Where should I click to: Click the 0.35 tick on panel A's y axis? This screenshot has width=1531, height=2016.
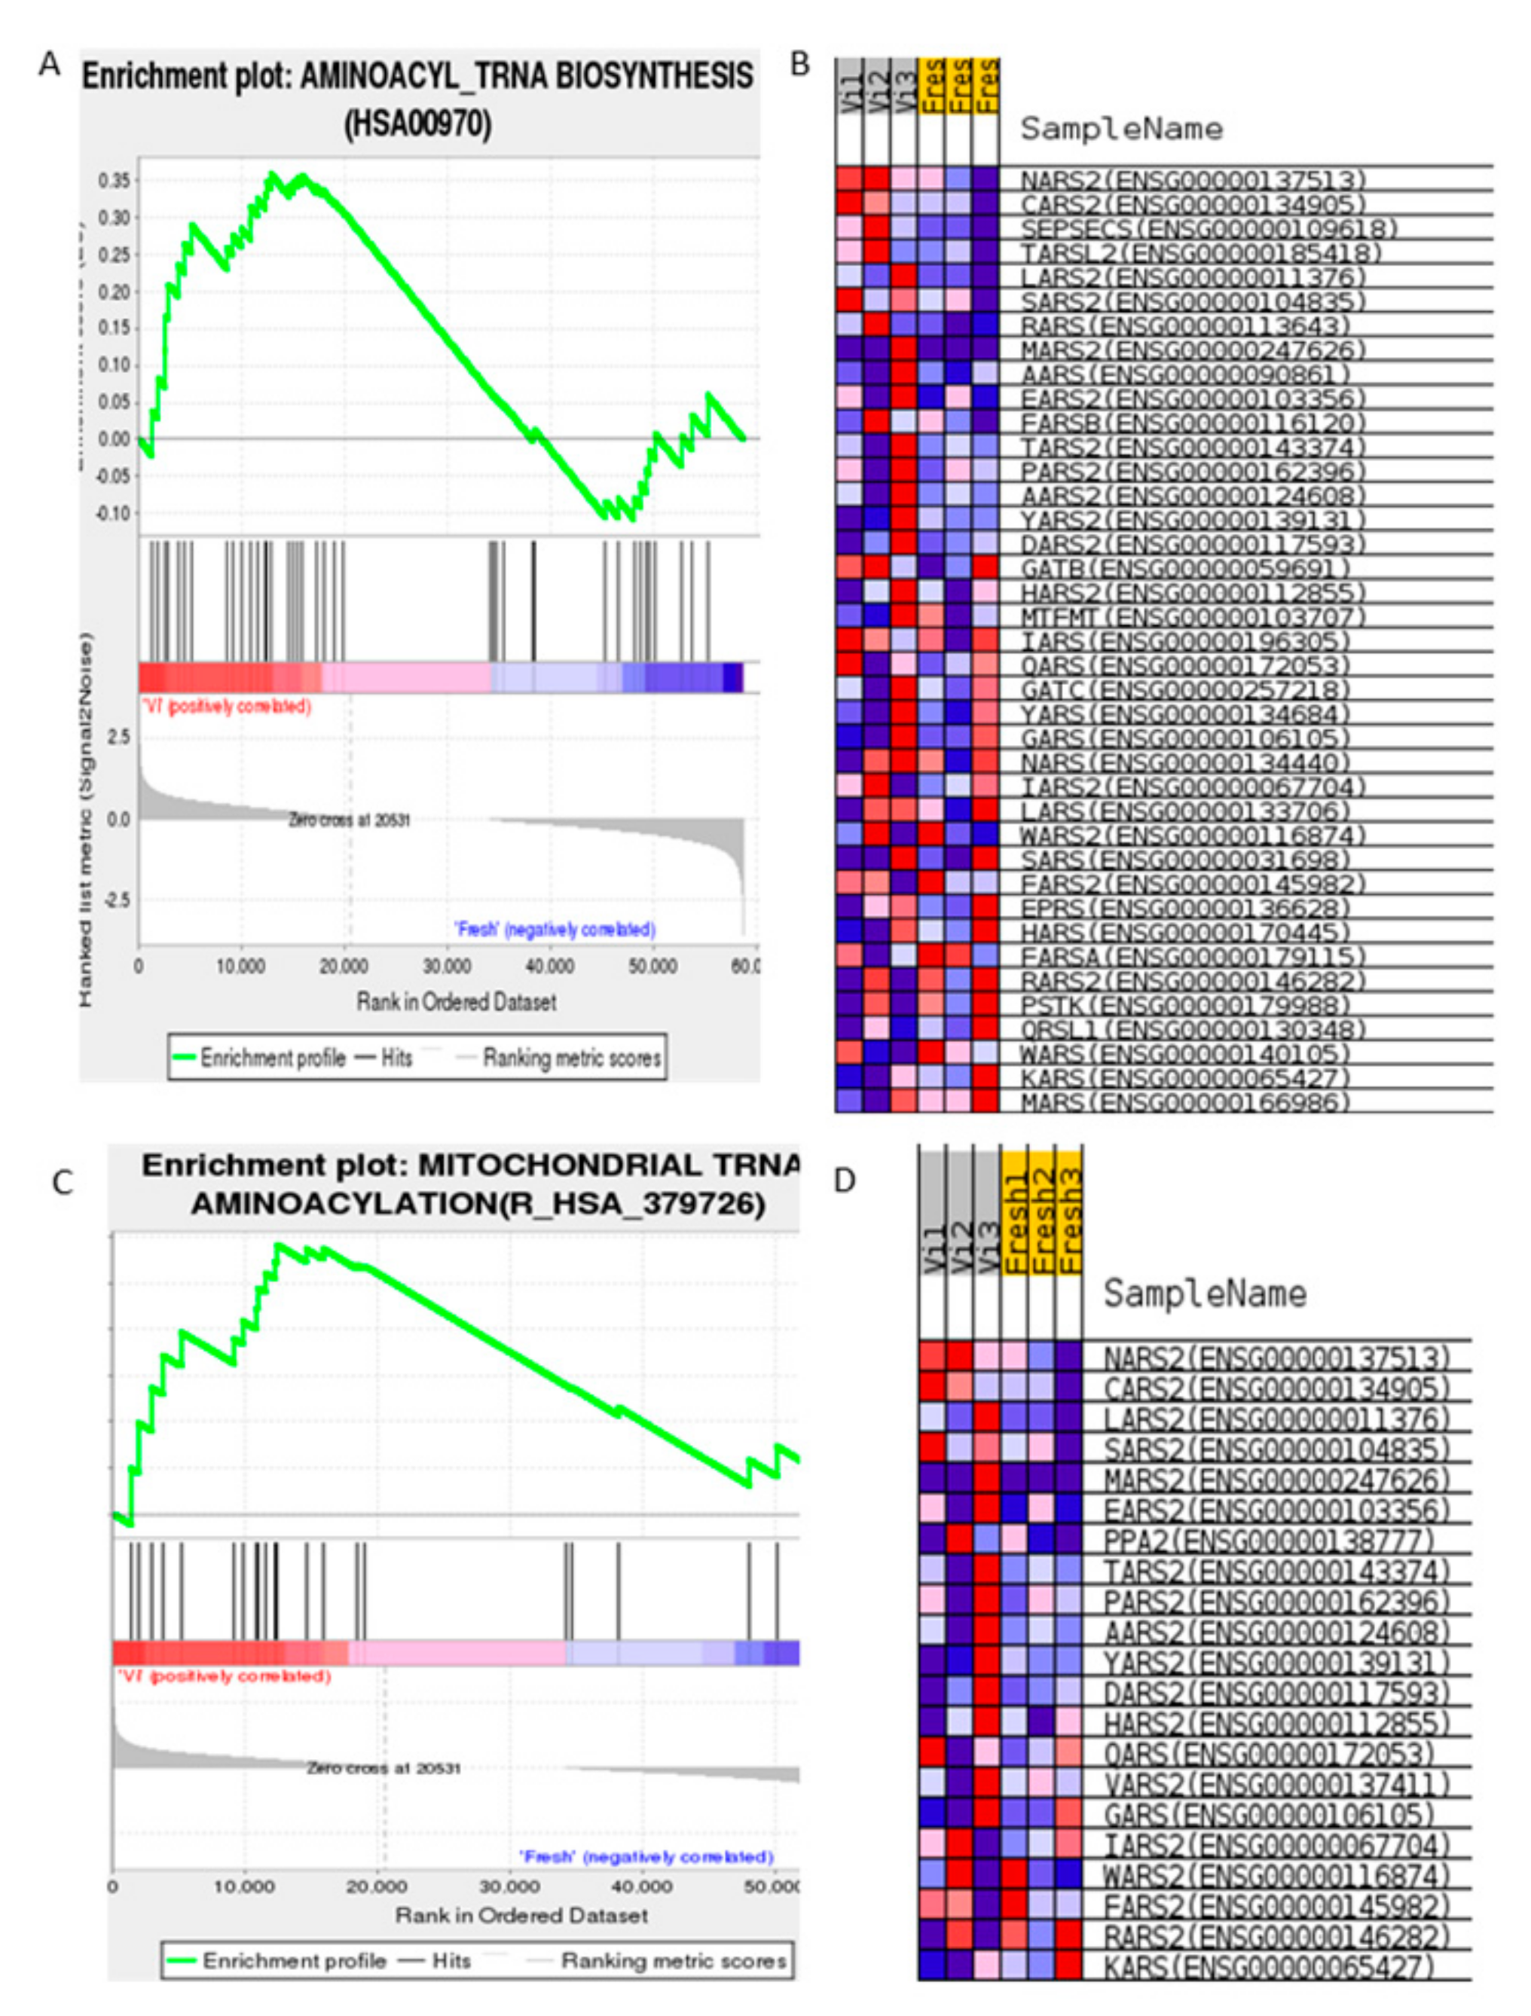point(114,181)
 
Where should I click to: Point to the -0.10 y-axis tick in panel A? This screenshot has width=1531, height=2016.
point(112,513)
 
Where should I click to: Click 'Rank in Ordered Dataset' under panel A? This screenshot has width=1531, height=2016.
point(456,1002)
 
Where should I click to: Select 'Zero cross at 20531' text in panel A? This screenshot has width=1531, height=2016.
point(349,820)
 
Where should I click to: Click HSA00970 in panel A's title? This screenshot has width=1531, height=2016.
point(418,123)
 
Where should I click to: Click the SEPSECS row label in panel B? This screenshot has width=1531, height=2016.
point(1209,228)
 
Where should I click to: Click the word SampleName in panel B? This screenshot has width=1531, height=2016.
point(1121,129)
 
